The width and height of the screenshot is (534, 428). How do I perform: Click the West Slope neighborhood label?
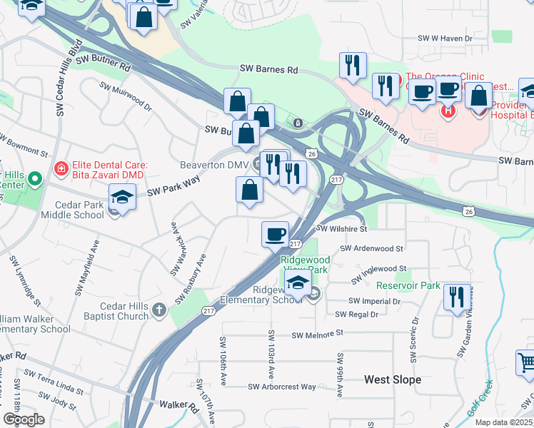point(392,379)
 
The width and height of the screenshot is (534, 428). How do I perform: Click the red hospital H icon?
point(448,111)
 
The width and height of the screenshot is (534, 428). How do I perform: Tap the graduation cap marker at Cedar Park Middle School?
point(122,199)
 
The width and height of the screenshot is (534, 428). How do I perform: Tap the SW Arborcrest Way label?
point(282,387)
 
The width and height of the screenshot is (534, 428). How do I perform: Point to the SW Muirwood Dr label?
point(126,97)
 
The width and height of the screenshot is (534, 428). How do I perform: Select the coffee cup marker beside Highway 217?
point(275,234)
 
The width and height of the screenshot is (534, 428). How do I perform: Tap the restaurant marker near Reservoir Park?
point(457,296)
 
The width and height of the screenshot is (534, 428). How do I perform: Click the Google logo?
point(24,419)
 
